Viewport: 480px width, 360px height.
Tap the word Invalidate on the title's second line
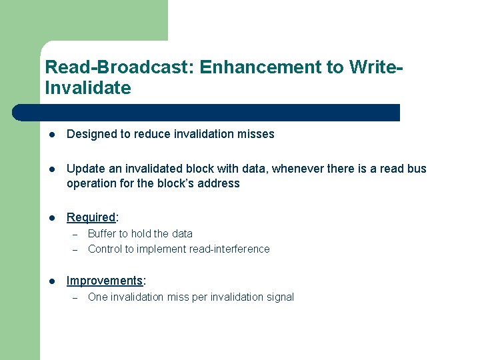(87, 88)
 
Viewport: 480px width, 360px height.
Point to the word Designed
(91, 134)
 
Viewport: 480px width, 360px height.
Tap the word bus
(417, 169)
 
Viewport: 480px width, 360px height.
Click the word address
(219, 183)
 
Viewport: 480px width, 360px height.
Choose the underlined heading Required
(91, 217)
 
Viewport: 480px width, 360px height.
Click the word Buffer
(101, 233)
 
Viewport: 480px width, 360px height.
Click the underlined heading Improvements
(105, 281)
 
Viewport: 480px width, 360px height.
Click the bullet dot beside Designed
(51, 135)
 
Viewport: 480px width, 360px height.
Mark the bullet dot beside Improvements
(51, 281)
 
